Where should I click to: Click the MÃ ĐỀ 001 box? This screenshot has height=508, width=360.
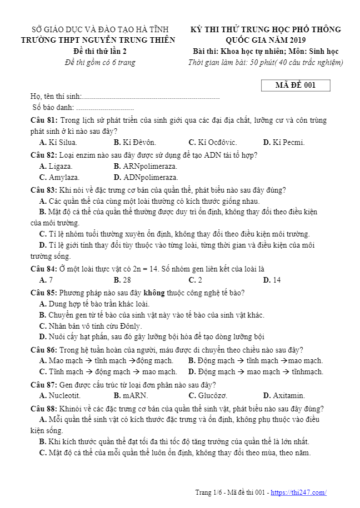pos(296,85)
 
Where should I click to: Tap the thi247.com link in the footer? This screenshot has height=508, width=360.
pos(298,492)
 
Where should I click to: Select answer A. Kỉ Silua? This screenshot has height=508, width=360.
pos(58,142)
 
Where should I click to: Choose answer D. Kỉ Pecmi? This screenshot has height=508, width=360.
pos(284,142)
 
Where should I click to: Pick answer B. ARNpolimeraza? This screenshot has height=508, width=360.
pos(145,166)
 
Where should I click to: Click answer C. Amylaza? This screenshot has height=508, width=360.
pos(59,178)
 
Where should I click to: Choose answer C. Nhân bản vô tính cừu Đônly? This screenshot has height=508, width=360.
pos(91,326)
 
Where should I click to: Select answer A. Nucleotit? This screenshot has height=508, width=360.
pos(60,395)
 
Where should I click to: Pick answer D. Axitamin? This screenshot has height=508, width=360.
pos(284,395)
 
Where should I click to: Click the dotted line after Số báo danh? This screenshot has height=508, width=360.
pos(105,108)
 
